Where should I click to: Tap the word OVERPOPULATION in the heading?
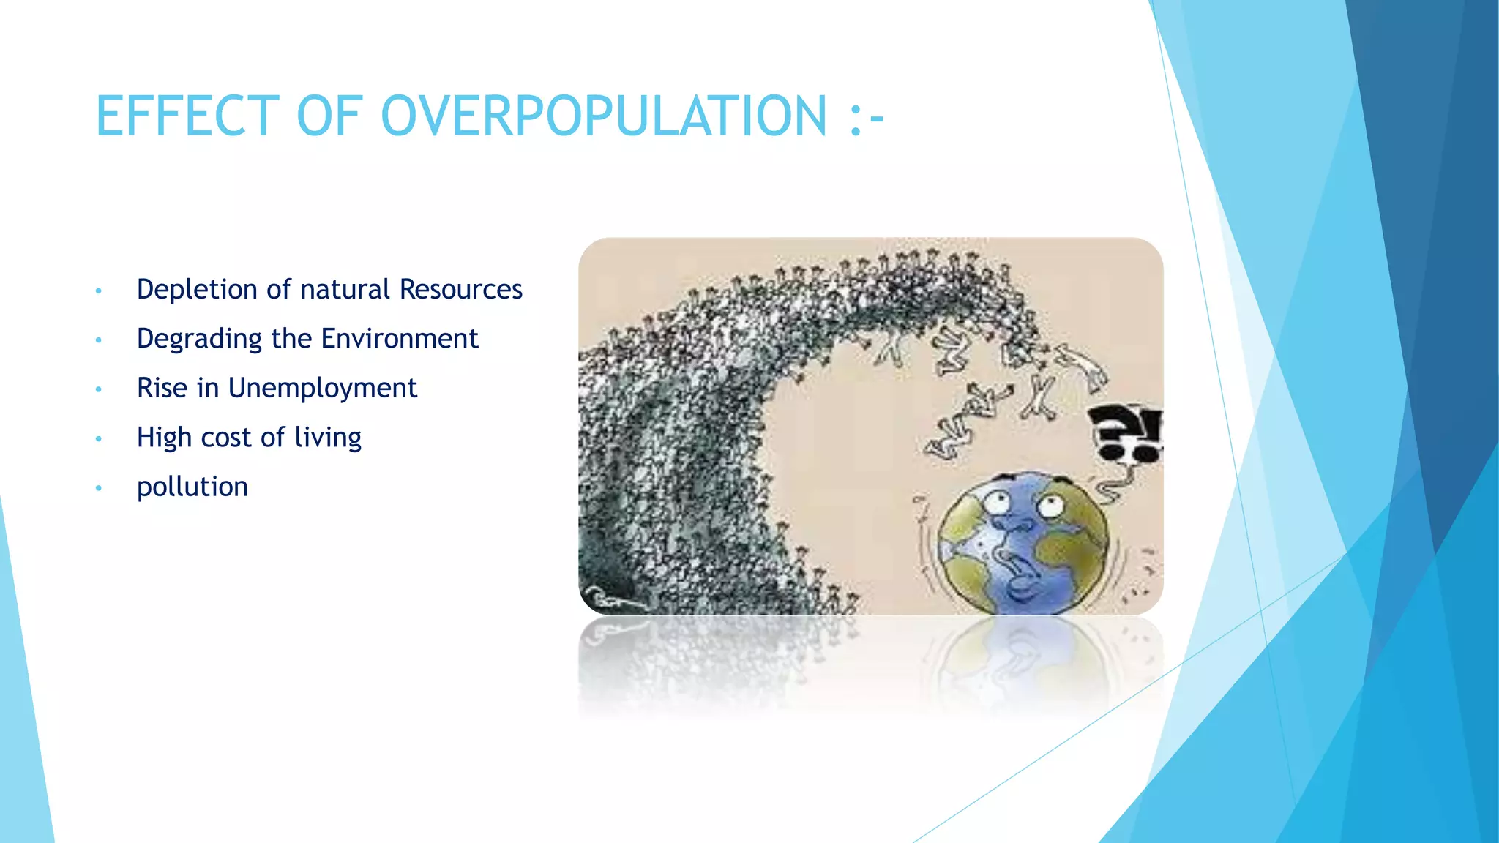[x=604, y=116]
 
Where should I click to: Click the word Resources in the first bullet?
[x=460, y=290]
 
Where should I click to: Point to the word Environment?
[x=399, y=339]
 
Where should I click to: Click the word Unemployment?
[x=322, y=388]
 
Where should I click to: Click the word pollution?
[x=192, y=487]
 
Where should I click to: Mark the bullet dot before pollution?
[x=98, y=488]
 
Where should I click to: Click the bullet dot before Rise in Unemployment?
[x=98, y=389]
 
